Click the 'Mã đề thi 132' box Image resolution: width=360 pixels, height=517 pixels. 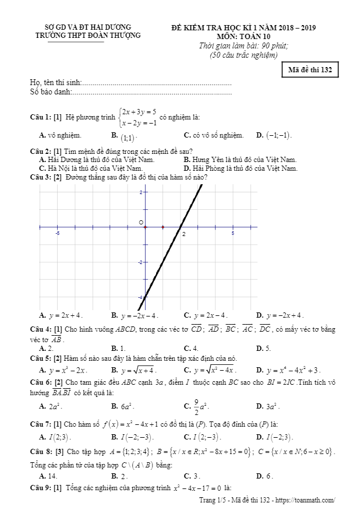[x=309, y=70]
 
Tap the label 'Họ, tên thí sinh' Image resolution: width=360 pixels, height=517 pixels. [x=56, y=83]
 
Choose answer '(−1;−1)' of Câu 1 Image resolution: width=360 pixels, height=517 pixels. [x=278, y=136]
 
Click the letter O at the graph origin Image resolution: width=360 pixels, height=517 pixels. [x=140, y=223]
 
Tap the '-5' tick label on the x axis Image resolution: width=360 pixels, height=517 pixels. [x=57, y=234]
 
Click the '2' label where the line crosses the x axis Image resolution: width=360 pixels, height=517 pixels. [x=184, y=234]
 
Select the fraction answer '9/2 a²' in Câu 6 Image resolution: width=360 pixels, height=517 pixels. [x=201, y=406]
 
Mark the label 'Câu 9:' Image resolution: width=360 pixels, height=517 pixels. [x=40, y=487]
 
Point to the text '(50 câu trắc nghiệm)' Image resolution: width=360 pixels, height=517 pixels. [x=243, y=55]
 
